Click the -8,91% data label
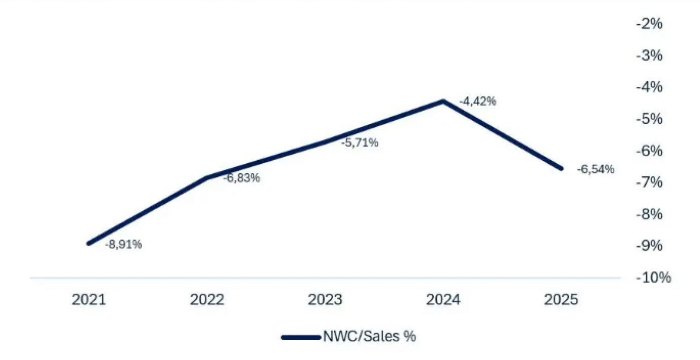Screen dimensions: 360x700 click(x=123, y=244)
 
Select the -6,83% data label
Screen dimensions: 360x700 click(x=241, y=178)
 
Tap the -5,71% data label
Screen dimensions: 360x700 click(x=360, y=143)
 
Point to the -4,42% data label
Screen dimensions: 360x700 click(x=477, y=102)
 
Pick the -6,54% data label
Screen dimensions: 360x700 click(x=596, y=169)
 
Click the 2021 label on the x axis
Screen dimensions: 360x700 click(x=89, y=300)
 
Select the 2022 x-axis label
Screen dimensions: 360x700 click(x=207, y=300)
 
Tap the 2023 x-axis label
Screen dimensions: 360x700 click(x=325, y=300)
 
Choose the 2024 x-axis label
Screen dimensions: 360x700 click(x=443, y=300)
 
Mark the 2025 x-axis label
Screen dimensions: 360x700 click(x=561, y=300)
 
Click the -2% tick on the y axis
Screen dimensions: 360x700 click(x=649, y=24)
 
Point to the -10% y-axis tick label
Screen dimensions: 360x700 click(x=653, y=277)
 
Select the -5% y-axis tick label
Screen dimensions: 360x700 click(x=649, y=119)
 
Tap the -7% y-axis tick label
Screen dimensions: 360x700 click(x=649, y=183)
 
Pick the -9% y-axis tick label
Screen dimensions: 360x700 click(x=649, y=246)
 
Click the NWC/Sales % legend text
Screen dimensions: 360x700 click(x=369, y=337)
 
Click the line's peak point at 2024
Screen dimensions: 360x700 click(x=443, y=101)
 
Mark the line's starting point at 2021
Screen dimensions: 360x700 click(x=89, y=243)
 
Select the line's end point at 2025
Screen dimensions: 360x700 click(x=561, y=168)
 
